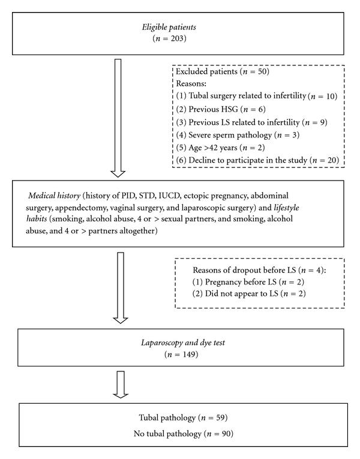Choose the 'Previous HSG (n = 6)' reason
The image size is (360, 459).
(x=212, y=110)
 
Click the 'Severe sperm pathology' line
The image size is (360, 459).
(x=228, y=137)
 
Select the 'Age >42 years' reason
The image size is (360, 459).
(x=214, y=150)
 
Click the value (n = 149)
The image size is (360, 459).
(x=179, y=355)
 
